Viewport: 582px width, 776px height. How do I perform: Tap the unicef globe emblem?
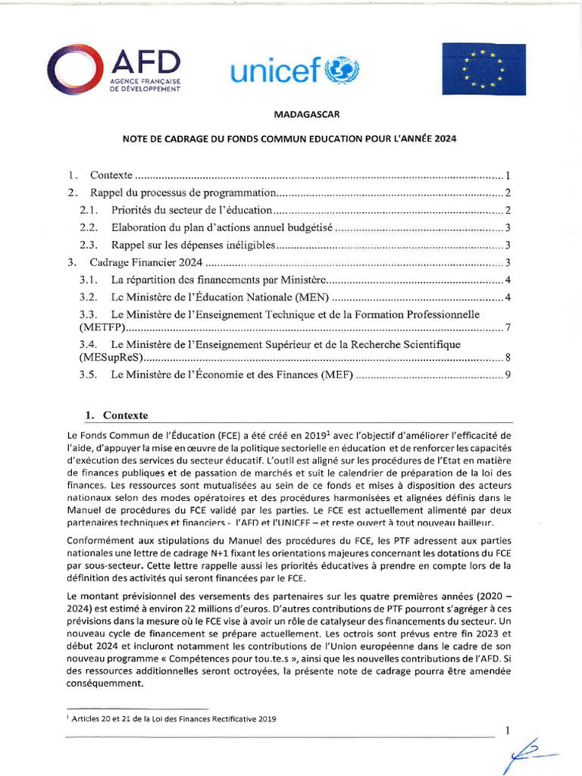343,71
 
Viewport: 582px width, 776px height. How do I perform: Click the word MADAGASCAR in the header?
300,115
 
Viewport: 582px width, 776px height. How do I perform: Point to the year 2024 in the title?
446,139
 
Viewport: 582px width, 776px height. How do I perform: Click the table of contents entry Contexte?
111,175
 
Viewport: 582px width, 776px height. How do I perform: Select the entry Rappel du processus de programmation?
182,192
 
